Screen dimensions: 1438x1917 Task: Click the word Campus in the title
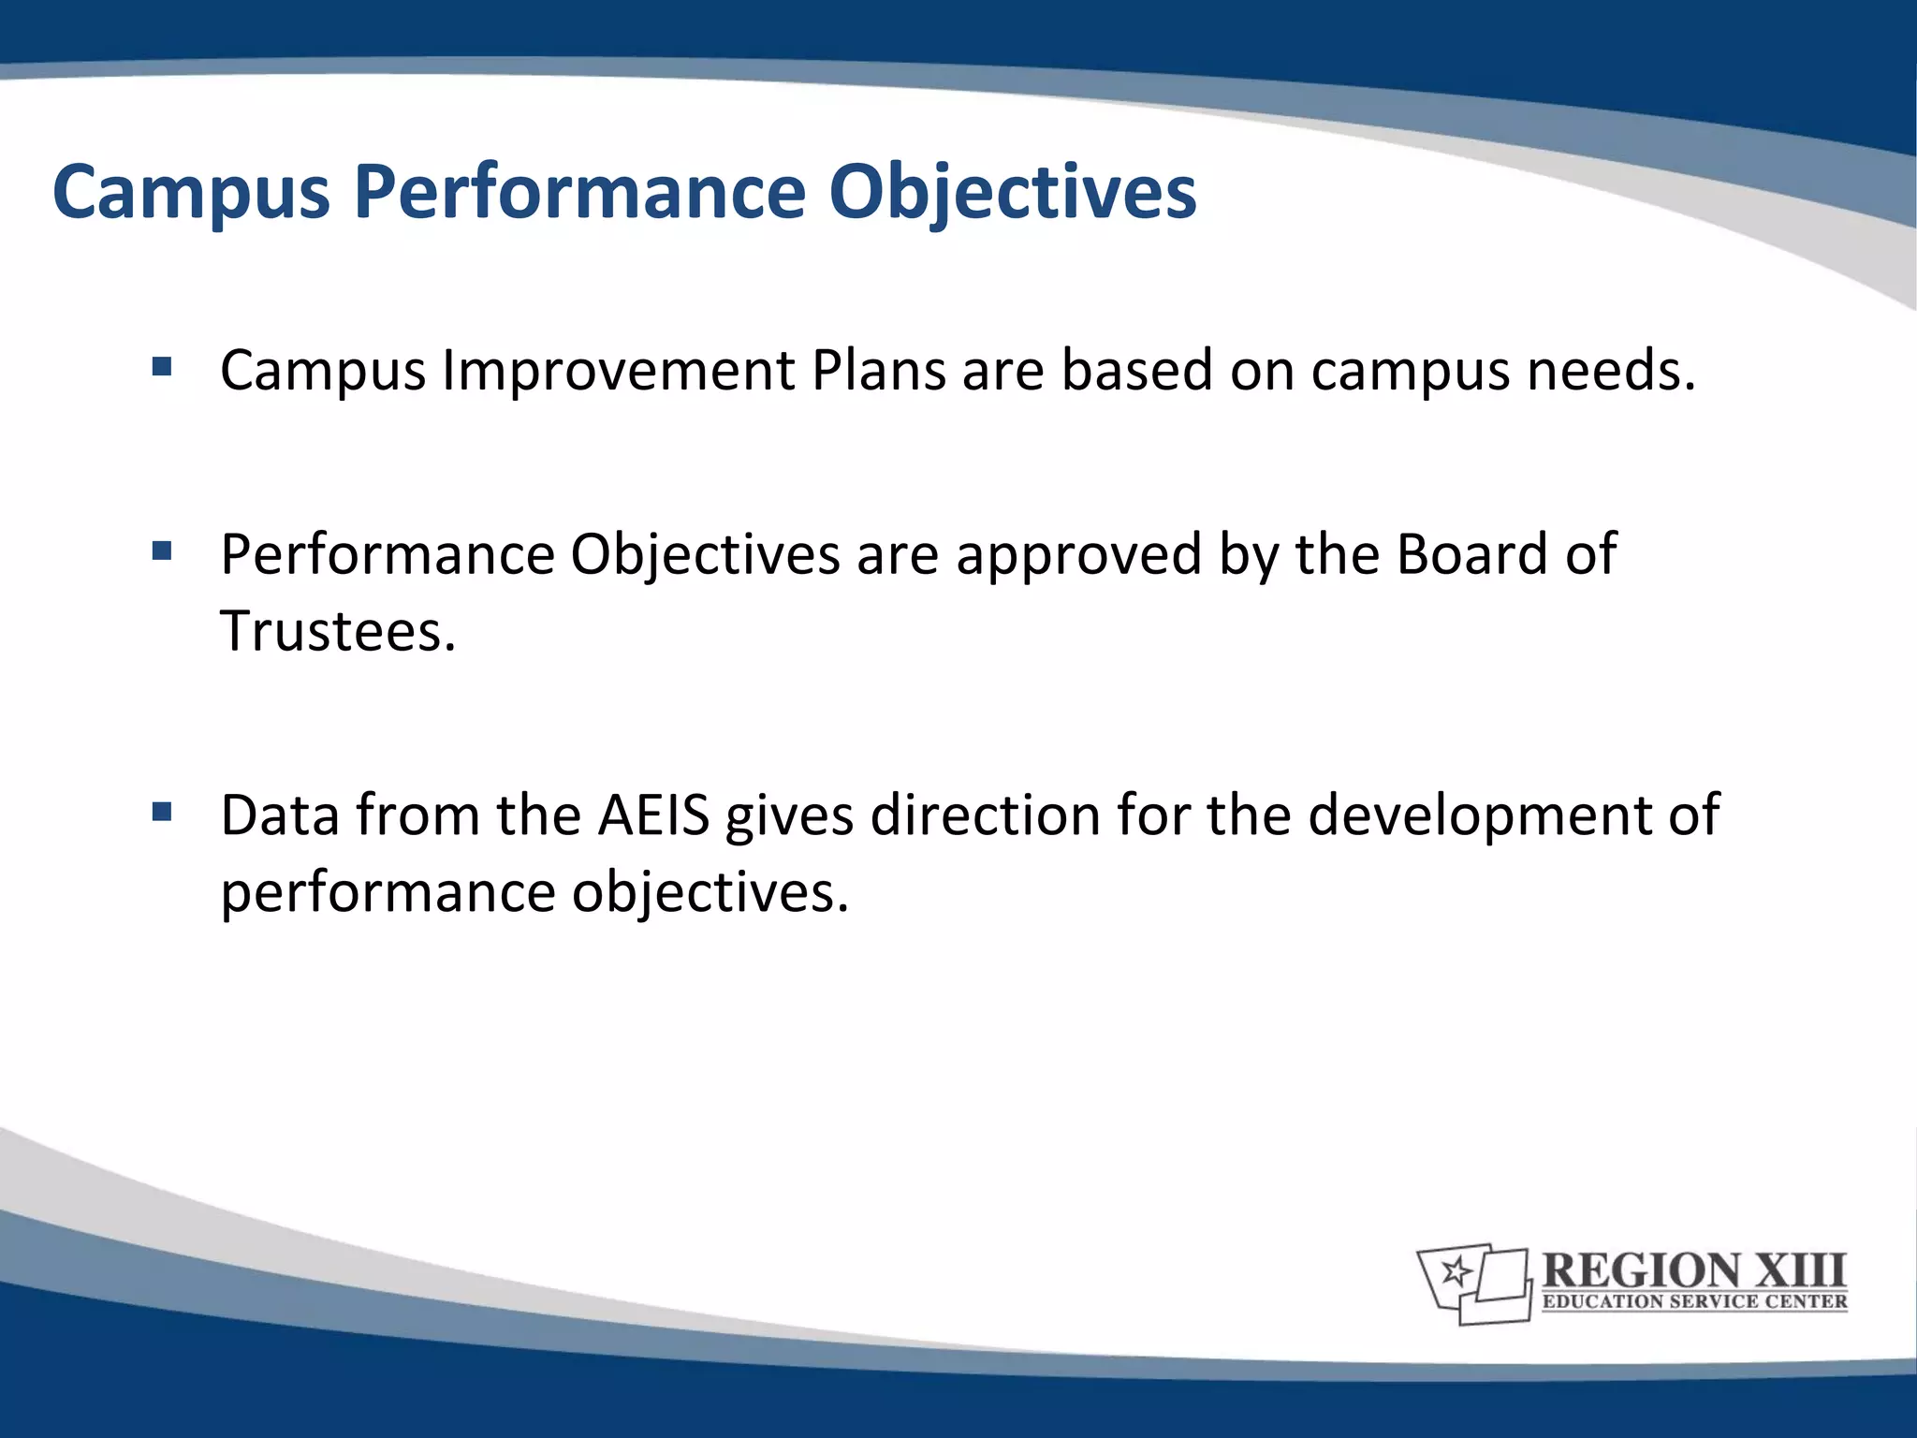(x=191, y=193)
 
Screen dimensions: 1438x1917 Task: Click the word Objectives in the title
(x=1012, y=193)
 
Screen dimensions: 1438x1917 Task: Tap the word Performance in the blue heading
(x=579, y=193)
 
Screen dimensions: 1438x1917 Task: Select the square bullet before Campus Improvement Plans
(x=162, y=366)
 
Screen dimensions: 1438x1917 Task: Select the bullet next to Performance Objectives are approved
(x=162, y=551)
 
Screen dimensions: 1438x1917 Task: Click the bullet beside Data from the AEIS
(x=162, y=812)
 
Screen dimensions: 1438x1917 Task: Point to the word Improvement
(x=619, y=371)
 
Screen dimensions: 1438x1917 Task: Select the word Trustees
(x=337, y=631)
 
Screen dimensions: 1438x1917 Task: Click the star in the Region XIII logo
(x=1456, y=1271)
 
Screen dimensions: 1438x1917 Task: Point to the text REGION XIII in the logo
(x=1693, y=1270)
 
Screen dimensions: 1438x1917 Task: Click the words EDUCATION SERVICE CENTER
(x=1694, y=1301)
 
